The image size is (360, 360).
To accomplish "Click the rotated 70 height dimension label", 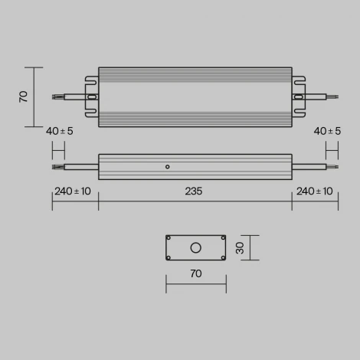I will coord(24,97).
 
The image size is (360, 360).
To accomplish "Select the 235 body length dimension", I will coord(194,191).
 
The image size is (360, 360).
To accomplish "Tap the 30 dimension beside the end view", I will coord(239,247).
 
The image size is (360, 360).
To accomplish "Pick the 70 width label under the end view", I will coord(195,273).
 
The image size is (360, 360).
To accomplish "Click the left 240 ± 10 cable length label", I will coord(72,191).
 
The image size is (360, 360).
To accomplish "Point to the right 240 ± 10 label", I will coord(314,191).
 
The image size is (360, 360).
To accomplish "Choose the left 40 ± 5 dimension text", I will coord(60,131).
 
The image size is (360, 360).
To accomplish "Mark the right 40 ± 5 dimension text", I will coord(328,131).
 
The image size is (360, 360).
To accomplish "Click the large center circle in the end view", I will coord(195,247).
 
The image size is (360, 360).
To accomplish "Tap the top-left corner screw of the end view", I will coord(169,237).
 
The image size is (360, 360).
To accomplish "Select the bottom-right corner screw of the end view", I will coord(222,257).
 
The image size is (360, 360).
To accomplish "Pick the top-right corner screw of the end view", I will coord(222,237).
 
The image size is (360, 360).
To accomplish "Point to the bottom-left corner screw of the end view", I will coord(169,257).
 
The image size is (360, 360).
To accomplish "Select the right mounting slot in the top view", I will coord(298,97).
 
